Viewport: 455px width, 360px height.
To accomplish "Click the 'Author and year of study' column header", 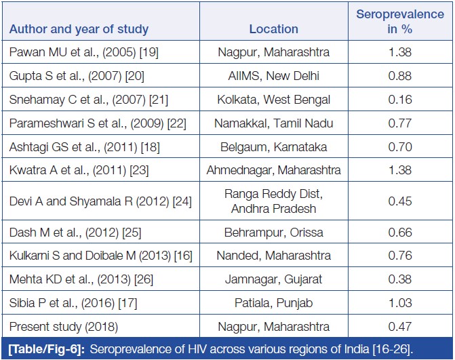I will click(x=79, y=30).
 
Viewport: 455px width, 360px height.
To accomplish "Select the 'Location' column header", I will click(x=273, y=29).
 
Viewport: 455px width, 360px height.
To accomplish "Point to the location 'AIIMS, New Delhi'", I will click(x=273, y=75).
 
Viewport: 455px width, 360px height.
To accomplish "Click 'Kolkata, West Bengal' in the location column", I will click(x=273, y=100).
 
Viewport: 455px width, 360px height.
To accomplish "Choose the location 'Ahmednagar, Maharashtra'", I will click(x=273, y=170).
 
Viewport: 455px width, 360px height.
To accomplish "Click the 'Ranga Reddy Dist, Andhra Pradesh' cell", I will click(x=273, y=201).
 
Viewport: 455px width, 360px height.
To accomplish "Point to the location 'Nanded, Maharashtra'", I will click(x=273, y=256).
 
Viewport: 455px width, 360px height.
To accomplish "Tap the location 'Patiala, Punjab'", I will click(x=273, y=303).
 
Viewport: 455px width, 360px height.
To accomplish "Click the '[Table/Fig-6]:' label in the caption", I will click(x=45, y=349).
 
